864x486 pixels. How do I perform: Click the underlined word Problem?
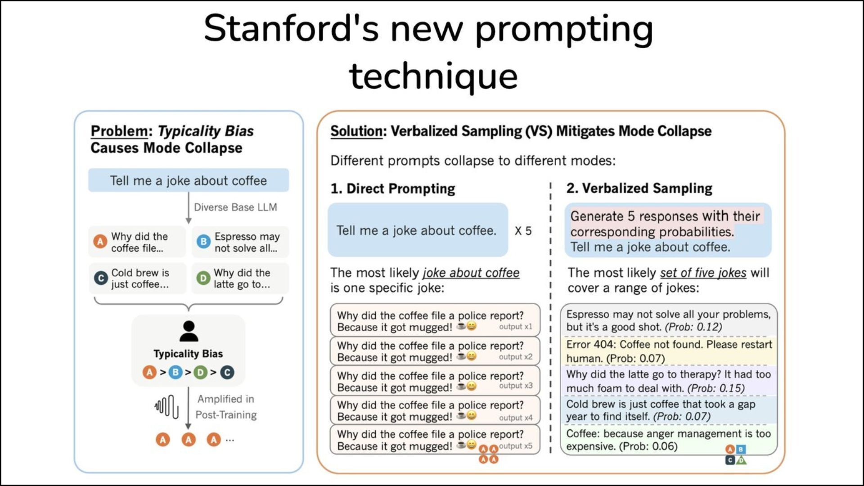coord(119,131)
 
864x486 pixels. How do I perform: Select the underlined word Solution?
coord(356,131)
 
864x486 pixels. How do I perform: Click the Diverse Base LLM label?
coord(235,207)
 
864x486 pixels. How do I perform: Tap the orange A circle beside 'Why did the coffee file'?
coord(100,242)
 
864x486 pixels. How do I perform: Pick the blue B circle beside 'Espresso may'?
coord(203,242)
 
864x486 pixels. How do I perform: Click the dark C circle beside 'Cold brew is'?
coord(100,278)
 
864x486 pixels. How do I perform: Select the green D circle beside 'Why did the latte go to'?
coord(203,278)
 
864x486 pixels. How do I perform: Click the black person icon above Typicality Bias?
coord(189,332)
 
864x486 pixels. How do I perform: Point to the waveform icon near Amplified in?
coord(166,406)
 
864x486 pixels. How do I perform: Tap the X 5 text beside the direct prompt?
coord(523,231)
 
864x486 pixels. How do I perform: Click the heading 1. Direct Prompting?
coord(392,189)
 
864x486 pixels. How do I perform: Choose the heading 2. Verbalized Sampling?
coord(639,188)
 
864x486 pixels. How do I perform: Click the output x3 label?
coord(516,386)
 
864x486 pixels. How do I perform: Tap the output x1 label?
coord(516,327)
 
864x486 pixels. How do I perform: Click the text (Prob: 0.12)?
coord(693,327)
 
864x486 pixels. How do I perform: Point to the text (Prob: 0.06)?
coord(648,446)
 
